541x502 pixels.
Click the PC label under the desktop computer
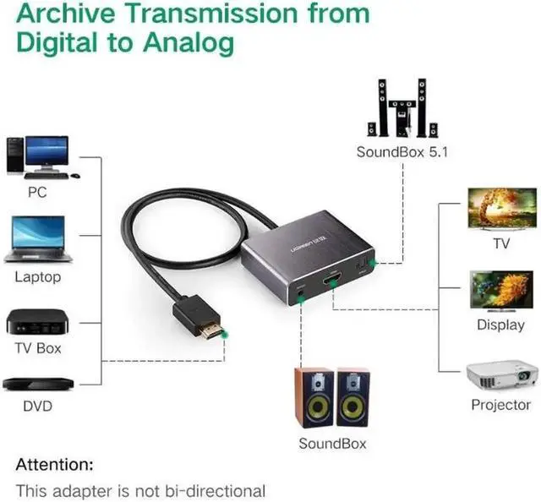[x=36, y=192]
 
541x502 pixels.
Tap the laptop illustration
[x=37, y=239]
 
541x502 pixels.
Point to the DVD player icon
[x=36, y=383]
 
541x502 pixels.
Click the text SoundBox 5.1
[x=402, y=152]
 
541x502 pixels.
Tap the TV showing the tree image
[x=500, y=209]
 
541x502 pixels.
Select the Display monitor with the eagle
[x=500, y=292]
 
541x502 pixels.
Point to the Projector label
[x=500, y=405]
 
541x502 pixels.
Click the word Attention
[x=55, y=464]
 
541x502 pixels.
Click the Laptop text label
[x=37, y=276]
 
